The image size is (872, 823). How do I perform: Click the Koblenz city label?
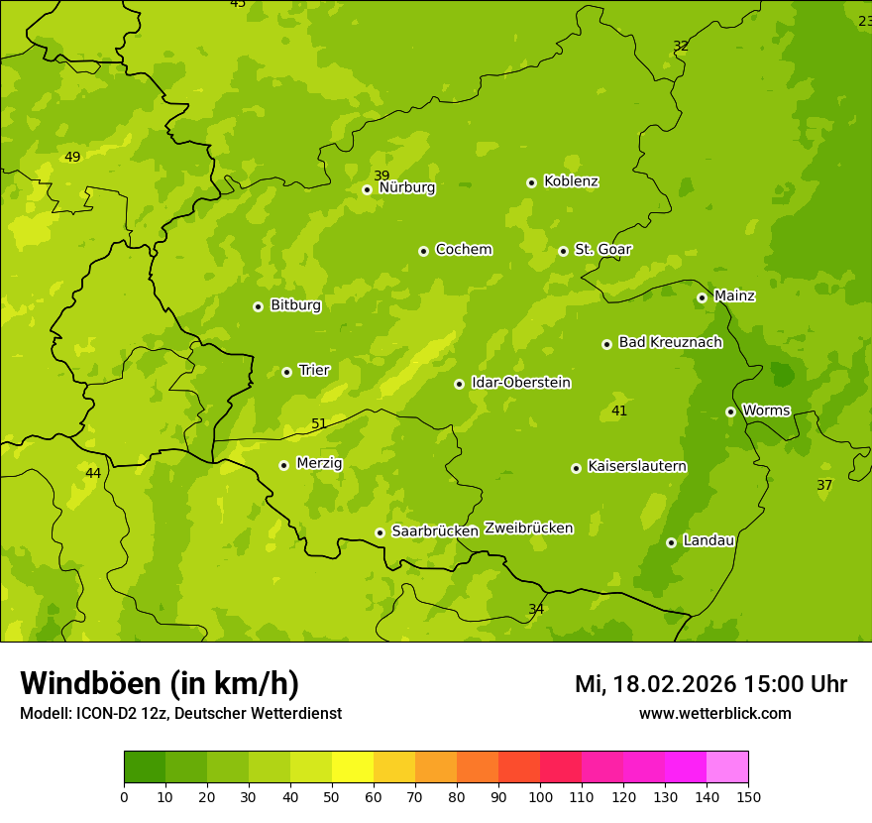[571, 181]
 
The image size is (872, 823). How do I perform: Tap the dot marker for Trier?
[286, 372]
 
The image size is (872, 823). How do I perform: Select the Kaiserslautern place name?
[636, 466]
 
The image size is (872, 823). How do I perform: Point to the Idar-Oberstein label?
[520, 383]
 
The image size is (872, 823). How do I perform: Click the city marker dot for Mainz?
[702, 297]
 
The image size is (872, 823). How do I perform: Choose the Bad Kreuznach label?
[670, 342]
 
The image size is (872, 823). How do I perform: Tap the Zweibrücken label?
[528, 528]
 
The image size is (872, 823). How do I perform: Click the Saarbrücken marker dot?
[380, 532]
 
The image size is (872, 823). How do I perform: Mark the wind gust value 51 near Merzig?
[319, 423]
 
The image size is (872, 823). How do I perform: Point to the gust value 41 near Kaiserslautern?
[619, 411]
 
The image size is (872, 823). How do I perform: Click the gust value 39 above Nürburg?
[381, 176]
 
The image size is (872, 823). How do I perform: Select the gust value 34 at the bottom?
[536, 609]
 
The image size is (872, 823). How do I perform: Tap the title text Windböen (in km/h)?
[160, 683]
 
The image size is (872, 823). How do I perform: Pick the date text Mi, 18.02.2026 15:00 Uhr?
[710, 684]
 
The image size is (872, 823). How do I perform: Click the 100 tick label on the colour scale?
[540, 796]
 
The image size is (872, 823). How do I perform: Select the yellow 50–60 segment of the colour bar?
[353, 767]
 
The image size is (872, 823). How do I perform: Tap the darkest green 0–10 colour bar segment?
[145, 767]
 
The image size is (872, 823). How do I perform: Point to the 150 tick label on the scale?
[748, 796]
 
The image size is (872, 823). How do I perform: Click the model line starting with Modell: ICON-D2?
[180, 713]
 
